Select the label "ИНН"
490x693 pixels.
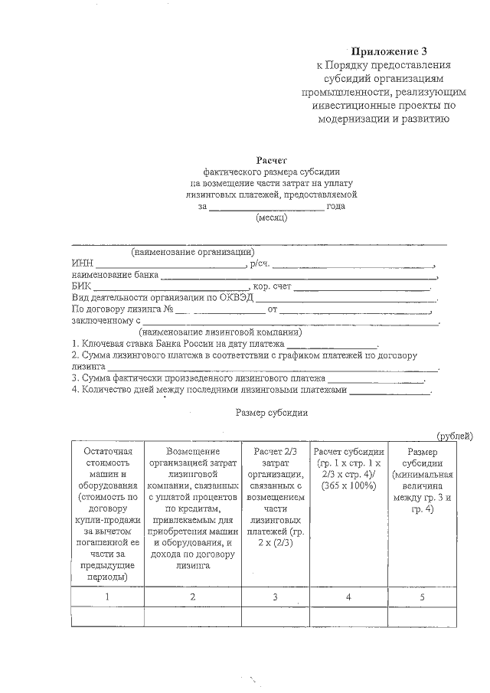click(x=82, y=263)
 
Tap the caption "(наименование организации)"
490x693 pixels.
click(x=193, y=252)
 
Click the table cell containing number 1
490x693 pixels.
click(x=107, y=596)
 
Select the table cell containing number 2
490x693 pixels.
click(x=192, y=596)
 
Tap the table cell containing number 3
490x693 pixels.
click(x=275, y=596)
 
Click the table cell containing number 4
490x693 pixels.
click(x=348, y=596)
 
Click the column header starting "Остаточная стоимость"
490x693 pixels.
click(x=107, y=515)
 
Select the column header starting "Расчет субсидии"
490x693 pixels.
click(x=348, y=469)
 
